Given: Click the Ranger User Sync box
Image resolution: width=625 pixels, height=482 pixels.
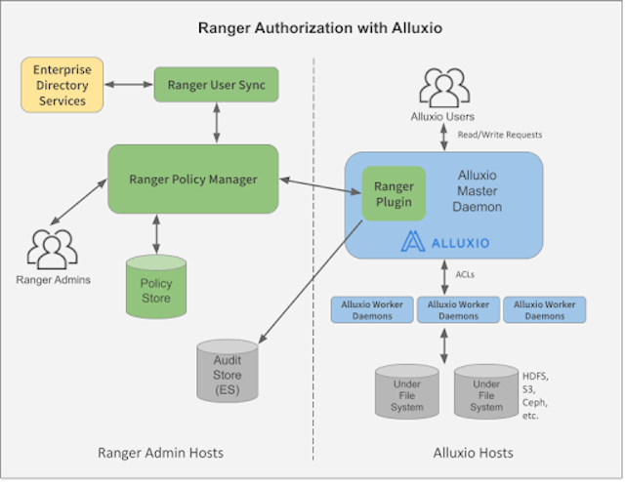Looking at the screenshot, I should (216, 84).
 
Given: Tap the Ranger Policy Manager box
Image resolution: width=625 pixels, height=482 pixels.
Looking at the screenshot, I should (192, 179).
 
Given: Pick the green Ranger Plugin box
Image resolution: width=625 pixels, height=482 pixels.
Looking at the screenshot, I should (394, 195).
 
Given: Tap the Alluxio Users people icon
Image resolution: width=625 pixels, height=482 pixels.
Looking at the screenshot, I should (445, 90).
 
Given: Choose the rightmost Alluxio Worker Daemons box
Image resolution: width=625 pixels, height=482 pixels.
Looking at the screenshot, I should (544, 310).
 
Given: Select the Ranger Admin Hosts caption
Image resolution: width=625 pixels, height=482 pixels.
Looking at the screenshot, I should (160, 453).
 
